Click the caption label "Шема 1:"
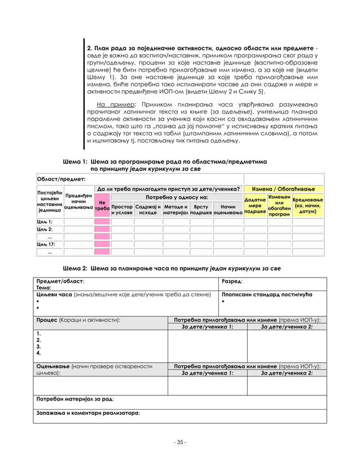pyautogui.click(x=74, y=161)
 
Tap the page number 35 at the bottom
pyautogui.click(x=180, y=442)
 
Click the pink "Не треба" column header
pyautogui.click(x=102, y=205)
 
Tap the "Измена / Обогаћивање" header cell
pyautogui.click(x=283, y=188)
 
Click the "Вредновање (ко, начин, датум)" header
pyautogui.click(x=308, y=206)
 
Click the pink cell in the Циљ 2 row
pyautogui.click(x=102, y=230)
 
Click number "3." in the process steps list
pyautogui.click(x=39, y=346)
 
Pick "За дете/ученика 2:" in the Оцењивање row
pyautogui.click(x=287, y=373)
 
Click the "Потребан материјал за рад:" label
pyautogui.click(x=74, y=399)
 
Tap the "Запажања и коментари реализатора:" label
pyautogui.click(x=87, y=413)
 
